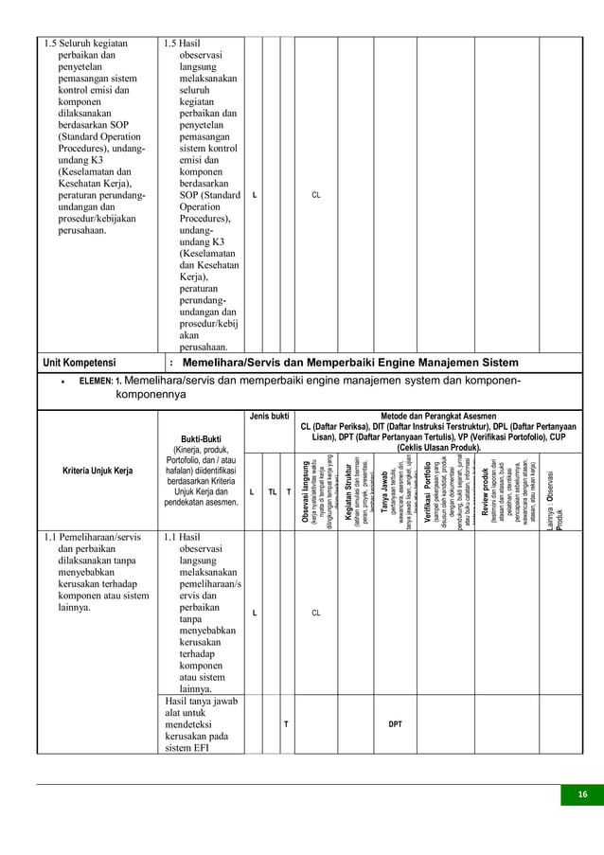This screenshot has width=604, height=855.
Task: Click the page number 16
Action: pos(582,794)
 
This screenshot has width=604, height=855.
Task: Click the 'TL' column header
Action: pos(272,492)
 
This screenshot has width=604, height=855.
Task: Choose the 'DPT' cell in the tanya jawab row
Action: pos(395,724)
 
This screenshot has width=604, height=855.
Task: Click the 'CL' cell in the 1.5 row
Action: pos(316,196)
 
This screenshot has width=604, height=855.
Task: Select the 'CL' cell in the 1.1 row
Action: pos(316,613)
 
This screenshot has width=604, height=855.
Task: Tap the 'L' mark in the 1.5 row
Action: pos(254,196)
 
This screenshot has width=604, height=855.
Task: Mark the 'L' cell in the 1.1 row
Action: pos(254,613)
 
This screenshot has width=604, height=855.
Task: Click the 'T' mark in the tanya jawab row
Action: pos(287,724)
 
